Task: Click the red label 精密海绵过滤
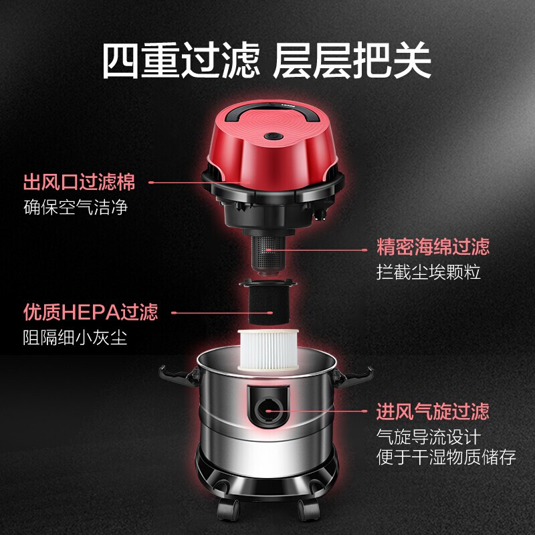click(x=433, y=247)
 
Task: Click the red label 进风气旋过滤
click(x=433, y=410)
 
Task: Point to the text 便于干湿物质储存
click(x=447, y=457)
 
